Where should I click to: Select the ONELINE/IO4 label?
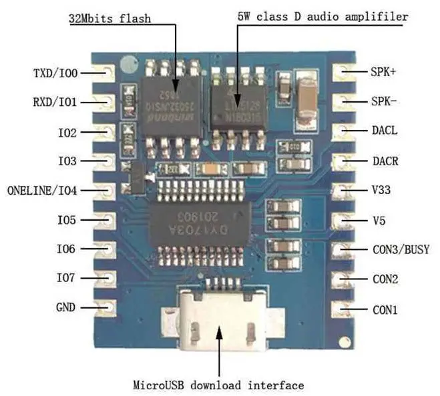click(x=42, y=191)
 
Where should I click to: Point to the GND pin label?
click(x=67, y=308)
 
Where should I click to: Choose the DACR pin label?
click(x=385, y=161)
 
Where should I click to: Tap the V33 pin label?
click(x=381, y=190)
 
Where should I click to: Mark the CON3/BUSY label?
click(x=400, y=249)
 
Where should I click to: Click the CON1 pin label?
click(x=385, y=309)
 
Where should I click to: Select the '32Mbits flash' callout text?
click(x=109, y=19)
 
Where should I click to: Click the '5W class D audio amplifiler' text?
click(x=322, y=16)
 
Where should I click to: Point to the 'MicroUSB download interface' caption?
click(x=218, y=385)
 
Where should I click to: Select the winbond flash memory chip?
click(x=172, y=103)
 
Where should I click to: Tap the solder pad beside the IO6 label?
click(x=106, y=249)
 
